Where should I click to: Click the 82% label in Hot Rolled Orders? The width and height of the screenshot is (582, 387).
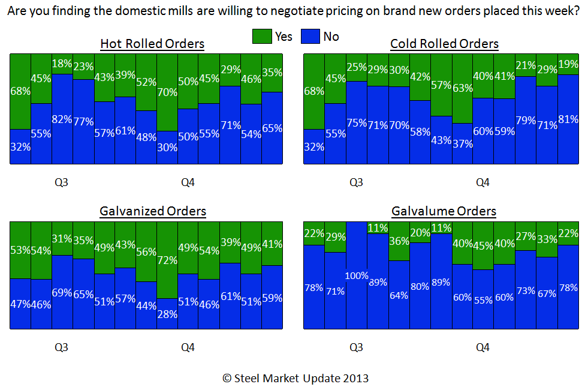[x=62, y=119]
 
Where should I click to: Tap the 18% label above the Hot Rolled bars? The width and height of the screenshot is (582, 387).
[x=62, y=64]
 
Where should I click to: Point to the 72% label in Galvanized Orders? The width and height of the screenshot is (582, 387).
[x=167, y=260]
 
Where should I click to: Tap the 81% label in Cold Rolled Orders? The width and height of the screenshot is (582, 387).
[x=568, y=128]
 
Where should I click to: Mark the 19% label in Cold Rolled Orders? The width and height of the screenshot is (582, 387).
[x=568, y=64]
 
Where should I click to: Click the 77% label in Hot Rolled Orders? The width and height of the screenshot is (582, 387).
[x=83, y=122]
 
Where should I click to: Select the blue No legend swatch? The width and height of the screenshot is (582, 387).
[x=310, y=37]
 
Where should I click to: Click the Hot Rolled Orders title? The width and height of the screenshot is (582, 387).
[x=152, y=44]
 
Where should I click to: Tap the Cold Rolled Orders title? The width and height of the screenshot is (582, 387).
[x=444, y=44]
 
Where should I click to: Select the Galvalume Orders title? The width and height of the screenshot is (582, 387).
[x=444, y=211]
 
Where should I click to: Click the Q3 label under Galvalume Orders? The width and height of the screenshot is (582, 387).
[x=356, y=347]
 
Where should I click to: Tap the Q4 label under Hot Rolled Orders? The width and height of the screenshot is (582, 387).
[x=188, y=182]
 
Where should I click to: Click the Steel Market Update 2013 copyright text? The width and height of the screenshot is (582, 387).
[x=295, y=378]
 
